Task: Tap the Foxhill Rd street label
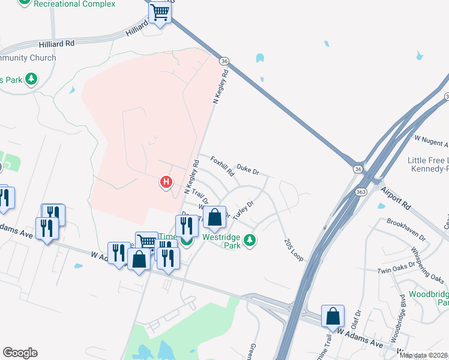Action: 222,166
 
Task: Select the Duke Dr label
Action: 247,170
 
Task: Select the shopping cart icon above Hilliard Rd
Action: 160,12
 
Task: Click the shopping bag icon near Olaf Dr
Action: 333,316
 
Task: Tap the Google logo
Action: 20,353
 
